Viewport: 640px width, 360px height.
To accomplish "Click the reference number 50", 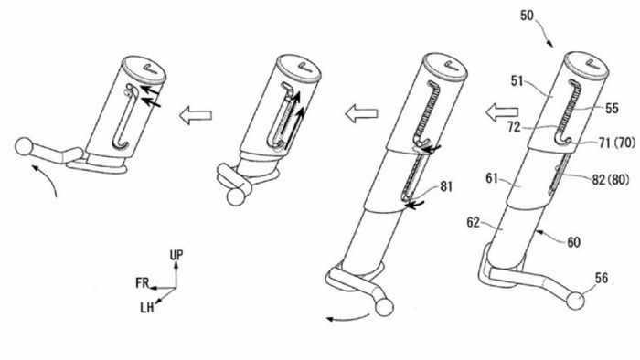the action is (527, 16).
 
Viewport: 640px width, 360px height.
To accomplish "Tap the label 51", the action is (517, 81).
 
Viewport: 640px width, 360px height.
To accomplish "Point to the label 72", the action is (514, 127).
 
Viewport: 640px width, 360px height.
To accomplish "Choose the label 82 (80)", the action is (611, 179).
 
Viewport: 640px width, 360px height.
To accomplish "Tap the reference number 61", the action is (492, 178).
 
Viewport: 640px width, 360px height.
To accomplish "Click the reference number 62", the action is (474, 223).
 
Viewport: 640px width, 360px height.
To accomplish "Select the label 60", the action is (573, 242).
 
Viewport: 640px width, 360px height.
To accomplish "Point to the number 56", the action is (602, 279).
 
